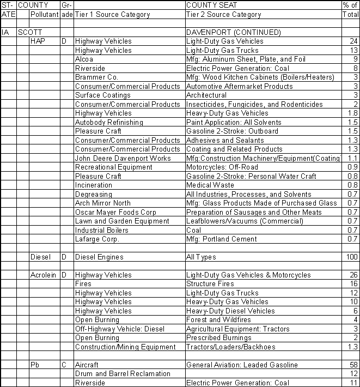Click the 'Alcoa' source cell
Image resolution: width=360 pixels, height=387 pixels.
coord(84,59)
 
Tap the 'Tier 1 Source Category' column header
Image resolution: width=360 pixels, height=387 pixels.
coord(112,15)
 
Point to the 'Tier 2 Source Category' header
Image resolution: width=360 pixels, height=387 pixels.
coord(223,15)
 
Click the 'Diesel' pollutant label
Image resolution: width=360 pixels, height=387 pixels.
coord(40,257)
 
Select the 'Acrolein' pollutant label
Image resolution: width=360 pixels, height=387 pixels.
coord(42,275)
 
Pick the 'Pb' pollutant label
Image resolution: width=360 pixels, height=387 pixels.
coord(35,365)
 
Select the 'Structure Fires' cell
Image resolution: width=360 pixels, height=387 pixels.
coord(210,284)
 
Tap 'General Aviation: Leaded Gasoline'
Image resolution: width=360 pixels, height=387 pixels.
coord(242,365)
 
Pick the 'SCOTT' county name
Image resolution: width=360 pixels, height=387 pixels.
coord(29,33)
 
